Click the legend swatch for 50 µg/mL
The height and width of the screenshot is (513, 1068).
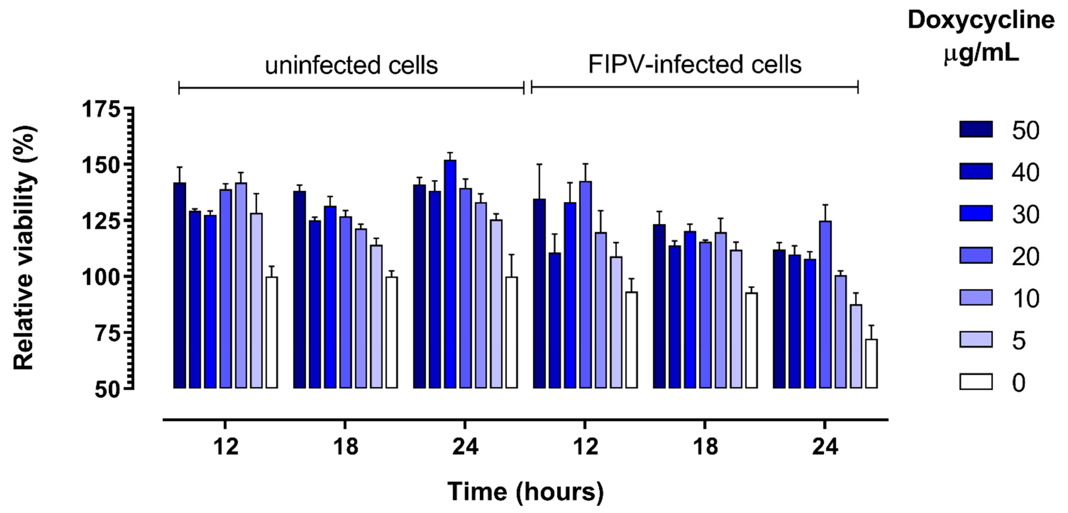(976, 130)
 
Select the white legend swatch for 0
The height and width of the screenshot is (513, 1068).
(976, 382)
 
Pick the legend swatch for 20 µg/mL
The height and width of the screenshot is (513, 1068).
(976, 256)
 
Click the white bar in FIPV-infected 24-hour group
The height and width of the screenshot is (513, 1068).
(871, 364)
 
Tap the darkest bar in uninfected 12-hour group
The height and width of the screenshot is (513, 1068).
(179, 285)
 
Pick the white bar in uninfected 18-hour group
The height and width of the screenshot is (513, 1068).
(391, 332)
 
